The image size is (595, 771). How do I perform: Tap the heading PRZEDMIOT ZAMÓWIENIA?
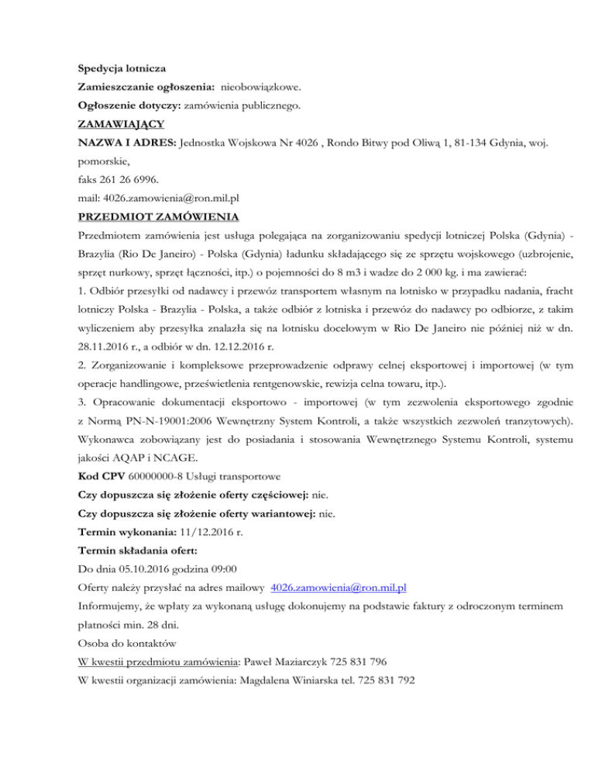[158, 215]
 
